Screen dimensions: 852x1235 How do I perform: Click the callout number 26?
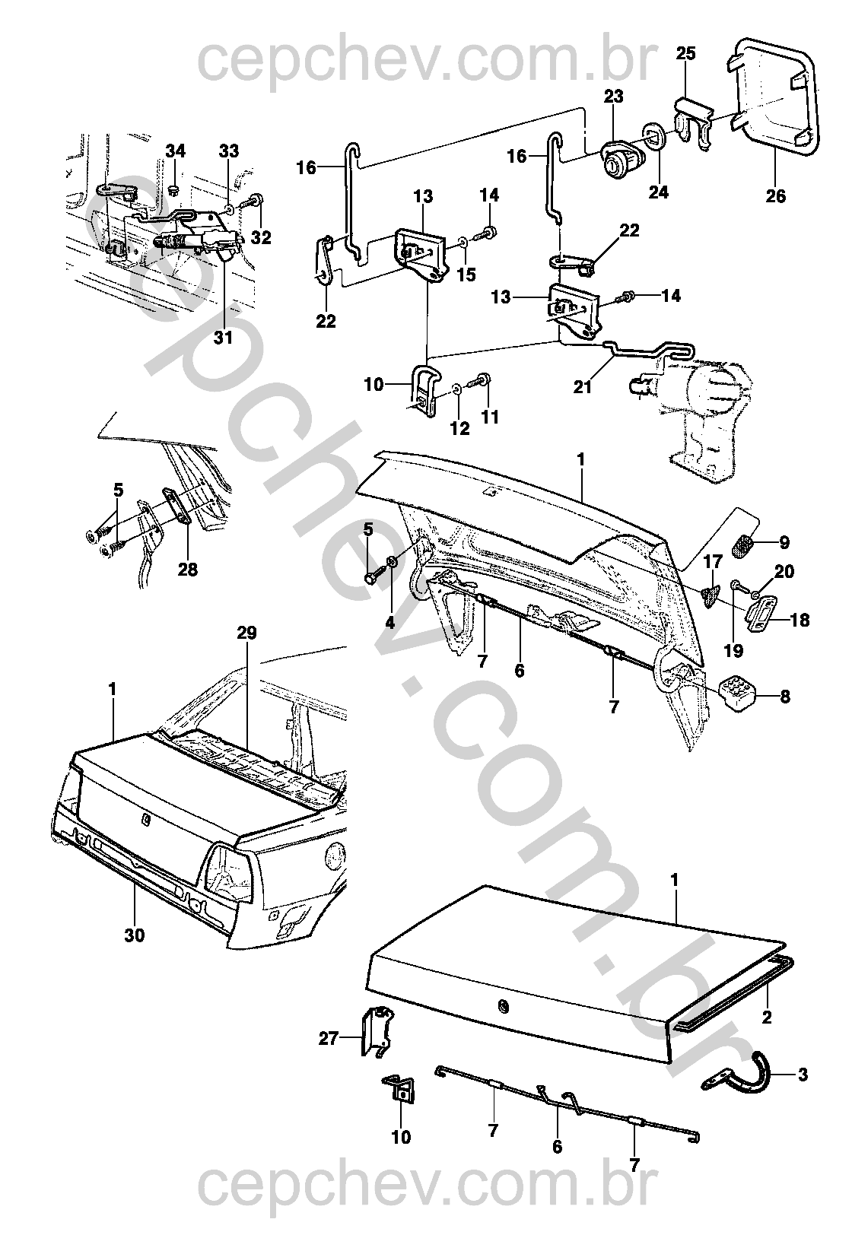(775, 196)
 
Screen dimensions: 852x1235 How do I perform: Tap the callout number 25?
(686, 53)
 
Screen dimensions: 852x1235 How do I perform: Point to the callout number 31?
(224, 338)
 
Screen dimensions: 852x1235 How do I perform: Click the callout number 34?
(176, 151)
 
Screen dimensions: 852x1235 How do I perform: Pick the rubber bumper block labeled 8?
(737, 697)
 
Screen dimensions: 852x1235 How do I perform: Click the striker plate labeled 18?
(762, 617)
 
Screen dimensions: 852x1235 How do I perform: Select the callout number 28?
(187, 569)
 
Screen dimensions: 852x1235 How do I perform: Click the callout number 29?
(246, 633)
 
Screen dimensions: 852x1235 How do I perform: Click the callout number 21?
(582, 387)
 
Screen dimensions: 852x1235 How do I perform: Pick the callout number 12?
(460, 428)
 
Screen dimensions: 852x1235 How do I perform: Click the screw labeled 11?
(479, 380)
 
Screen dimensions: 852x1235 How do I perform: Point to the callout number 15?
(466, 274)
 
